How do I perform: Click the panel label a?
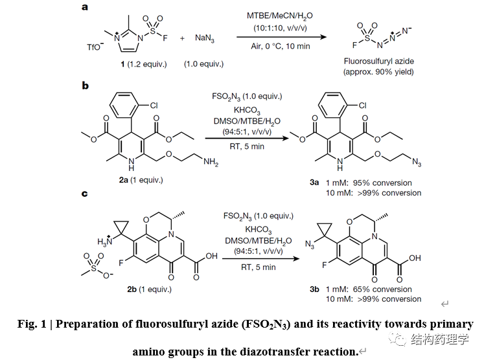pyautogui.click(x=86, y=7)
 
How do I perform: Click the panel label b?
pyautogui.click(x=86, y=85)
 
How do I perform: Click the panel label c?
pyautogui.click(x=86, y=194)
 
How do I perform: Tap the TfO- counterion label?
pyautogui.click(x=95, y=47)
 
